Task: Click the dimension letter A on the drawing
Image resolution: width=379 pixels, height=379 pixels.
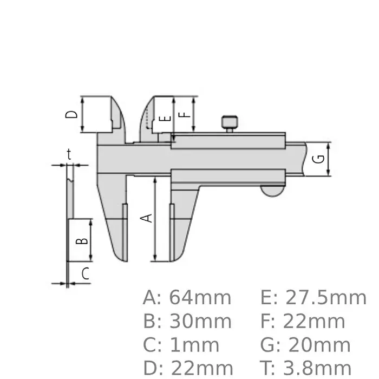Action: point(146,218)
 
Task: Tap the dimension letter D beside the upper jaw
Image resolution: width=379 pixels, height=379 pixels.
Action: point(71,114)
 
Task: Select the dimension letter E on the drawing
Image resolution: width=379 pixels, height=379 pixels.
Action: point(166,117)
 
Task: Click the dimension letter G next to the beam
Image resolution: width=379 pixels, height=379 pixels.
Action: point(319,159)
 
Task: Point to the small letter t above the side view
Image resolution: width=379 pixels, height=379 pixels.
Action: point(69,154)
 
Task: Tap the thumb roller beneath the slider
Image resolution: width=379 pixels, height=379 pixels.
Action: point(272,191)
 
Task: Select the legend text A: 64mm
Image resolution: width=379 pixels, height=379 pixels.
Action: point(187,298)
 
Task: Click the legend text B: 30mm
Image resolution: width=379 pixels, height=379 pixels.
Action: point(187,322)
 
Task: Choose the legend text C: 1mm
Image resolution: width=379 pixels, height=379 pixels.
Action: point(181,345)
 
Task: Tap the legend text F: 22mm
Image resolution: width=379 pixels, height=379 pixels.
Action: point(306,322)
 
